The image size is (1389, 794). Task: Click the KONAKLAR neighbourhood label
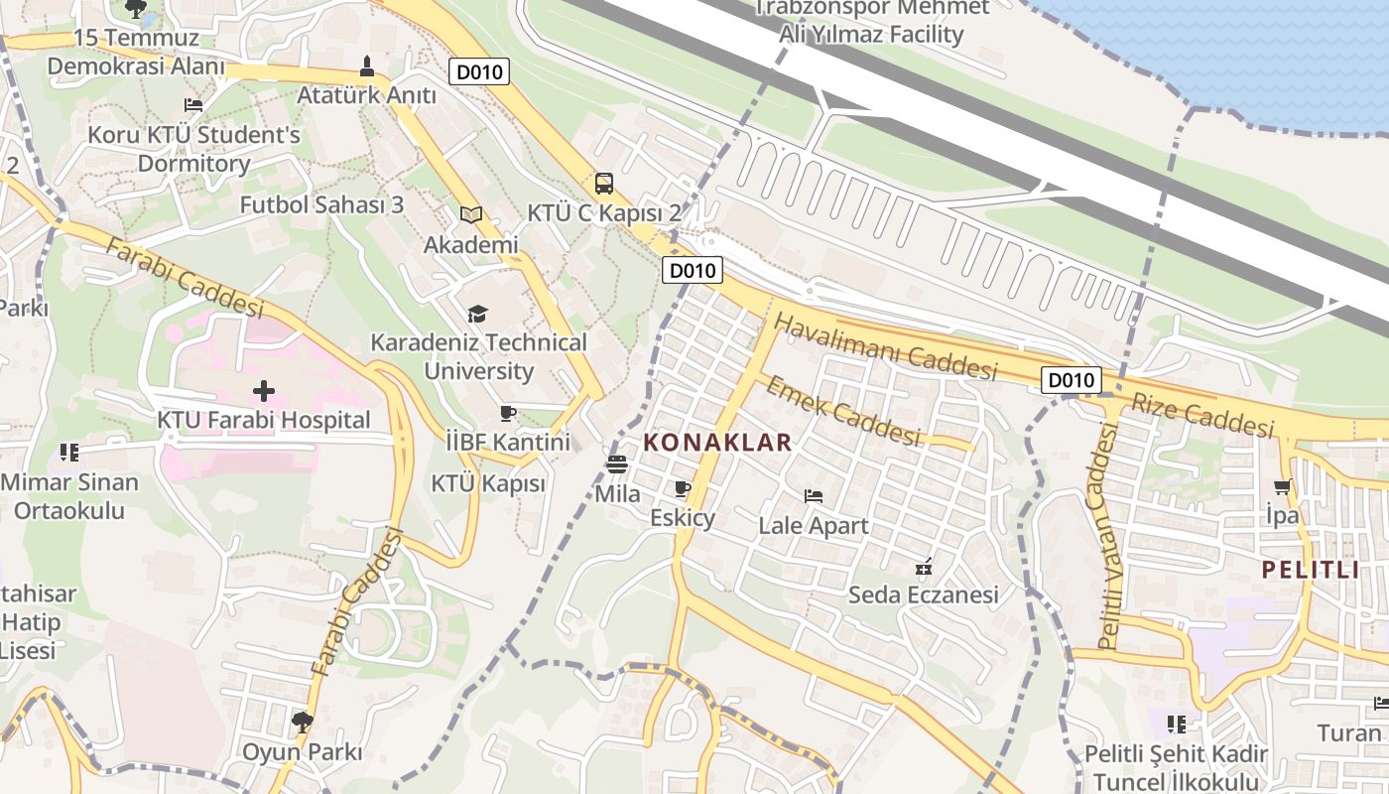click(x=718, y=443)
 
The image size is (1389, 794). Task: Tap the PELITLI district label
click(x=1310, y=570)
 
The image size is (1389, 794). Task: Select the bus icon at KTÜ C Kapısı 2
click(x=603, y=184)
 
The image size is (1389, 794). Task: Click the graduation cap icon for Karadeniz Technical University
click(x=478, y=314)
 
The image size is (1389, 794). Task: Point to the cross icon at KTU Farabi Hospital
click(x=264, y=390)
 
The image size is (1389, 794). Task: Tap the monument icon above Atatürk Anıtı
click(x=367, y=66)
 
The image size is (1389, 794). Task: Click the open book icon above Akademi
click(x=470, y=214)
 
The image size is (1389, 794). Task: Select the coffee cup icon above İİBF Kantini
click(x=508, y=413)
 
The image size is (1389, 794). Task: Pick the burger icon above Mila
click(x=617, y=463)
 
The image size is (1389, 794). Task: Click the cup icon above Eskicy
click(x=682, y=488)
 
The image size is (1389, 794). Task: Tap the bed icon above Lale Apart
click(x=814, y=496)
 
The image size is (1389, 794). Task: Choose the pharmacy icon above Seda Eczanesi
click(x=924, y=567)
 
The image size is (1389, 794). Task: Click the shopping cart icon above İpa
click(x=1282, y=486)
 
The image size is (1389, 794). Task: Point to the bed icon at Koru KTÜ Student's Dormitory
click(x=193, y=104)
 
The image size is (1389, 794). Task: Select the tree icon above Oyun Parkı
click(x=303, y=722)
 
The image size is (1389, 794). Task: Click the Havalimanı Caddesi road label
click(x=885, y=346)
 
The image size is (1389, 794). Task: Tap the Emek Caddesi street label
click(x=843, y=410)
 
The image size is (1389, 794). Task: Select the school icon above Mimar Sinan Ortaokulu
click(x=68, y=453)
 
